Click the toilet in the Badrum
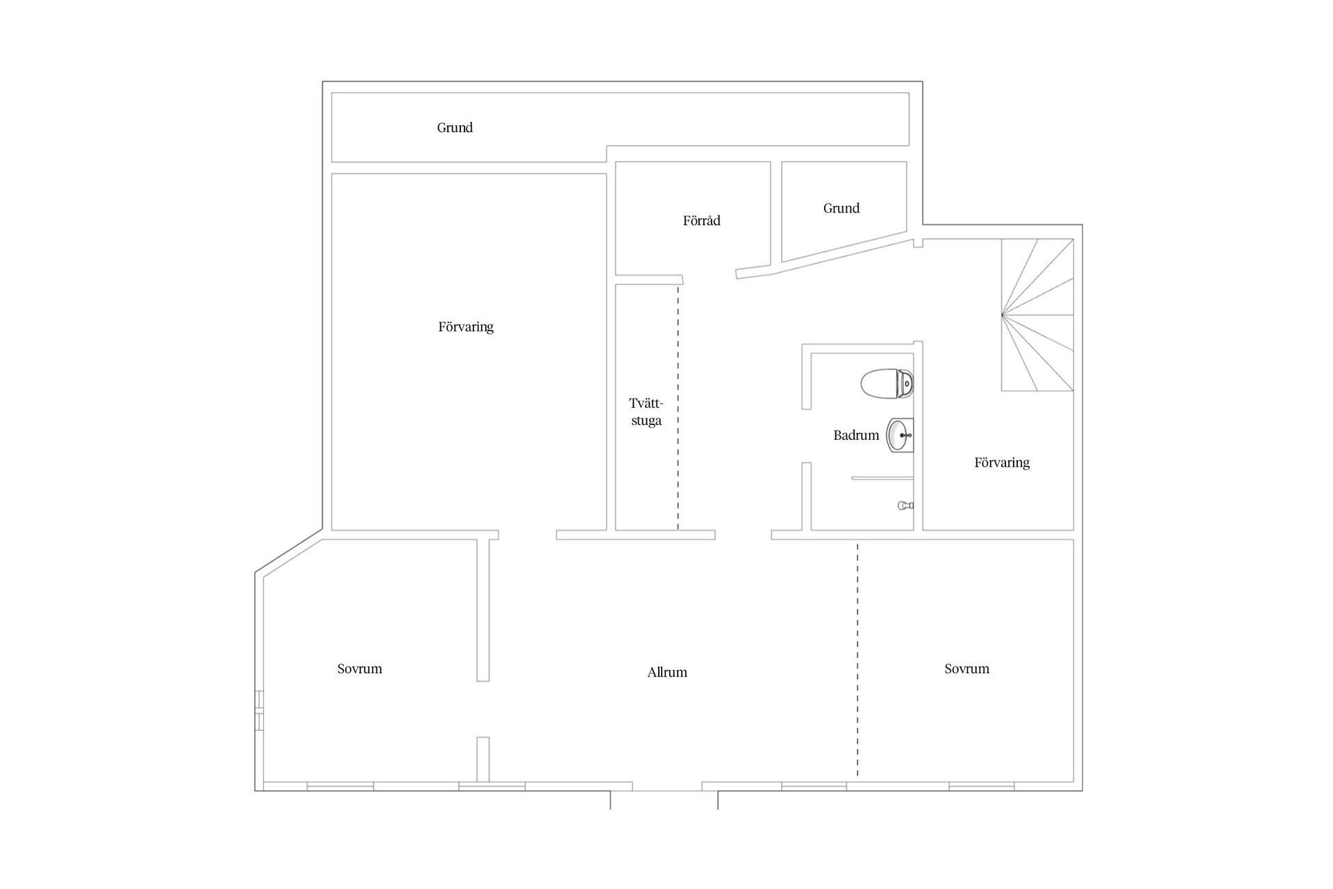click(887, 383)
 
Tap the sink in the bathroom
click(900, 435)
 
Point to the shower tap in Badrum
click(905, 506)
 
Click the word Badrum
click(856, 435)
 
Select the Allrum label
click(667, 672)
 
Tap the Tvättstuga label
click(646, 412)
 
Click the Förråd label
click(701, 221)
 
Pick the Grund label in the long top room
click(455, 128)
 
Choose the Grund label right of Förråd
click(841, 208)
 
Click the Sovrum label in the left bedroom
click(360, 669)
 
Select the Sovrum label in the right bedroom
click(966, 669)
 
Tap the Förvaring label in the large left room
click(466, 327)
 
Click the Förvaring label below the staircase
click(1002, 463)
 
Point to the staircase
click(1037, 315)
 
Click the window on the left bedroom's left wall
click(259, 711)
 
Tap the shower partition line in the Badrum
click(882, 478)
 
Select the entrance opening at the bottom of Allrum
click(667, 790)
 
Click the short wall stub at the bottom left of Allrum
click(483, 759)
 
